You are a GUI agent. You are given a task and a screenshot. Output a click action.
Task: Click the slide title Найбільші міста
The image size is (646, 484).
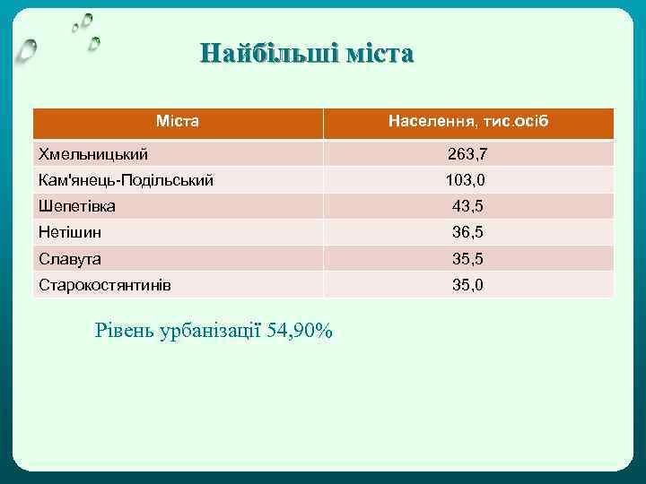(x=307, y=54)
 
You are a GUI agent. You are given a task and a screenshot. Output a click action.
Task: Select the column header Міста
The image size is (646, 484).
(x=178, y=121)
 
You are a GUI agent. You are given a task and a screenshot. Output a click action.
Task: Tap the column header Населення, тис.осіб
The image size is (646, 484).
(x=467, y=121)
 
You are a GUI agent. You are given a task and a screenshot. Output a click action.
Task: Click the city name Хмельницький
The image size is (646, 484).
(x=93, y=154)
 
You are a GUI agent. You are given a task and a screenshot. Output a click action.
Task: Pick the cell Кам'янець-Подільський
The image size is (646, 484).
(x=126, y=180)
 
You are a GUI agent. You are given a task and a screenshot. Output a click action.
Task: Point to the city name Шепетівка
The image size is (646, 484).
(x=77, y=206)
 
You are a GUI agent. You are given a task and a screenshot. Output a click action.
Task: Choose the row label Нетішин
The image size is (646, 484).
(x=70, y=232)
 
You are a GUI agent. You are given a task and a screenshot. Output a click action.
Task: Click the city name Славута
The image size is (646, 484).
(x=70, y=259)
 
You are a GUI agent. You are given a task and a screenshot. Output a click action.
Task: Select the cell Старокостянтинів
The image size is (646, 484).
(x=105, y=285)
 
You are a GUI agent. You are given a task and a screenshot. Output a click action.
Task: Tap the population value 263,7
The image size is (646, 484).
(x=467, y=154)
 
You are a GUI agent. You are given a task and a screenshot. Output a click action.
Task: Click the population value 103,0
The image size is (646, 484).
(x=466, y=180)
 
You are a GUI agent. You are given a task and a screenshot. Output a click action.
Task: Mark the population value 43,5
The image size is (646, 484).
(x=467, y=206)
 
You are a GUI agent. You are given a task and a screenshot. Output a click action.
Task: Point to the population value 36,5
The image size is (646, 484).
(x=467, y=232)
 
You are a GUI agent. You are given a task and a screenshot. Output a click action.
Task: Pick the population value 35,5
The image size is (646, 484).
(x=467, y=259)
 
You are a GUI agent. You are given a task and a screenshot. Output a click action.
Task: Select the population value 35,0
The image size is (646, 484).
(x=467, y=285)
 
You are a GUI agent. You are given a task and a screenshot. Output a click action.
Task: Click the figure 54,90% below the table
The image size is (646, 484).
(x=300, y=331)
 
